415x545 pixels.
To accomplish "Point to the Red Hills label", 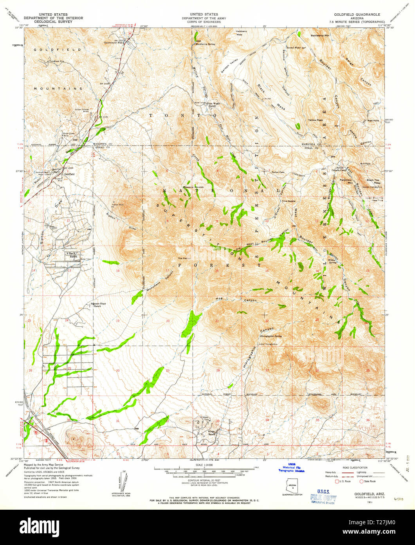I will (x=372, y=120).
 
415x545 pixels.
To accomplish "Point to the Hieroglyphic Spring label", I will (x=271, y=336).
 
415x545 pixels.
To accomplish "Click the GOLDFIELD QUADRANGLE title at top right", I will (x=357, y=14).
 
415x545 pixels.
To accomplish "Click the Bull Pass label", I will (x=365, y=163).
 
